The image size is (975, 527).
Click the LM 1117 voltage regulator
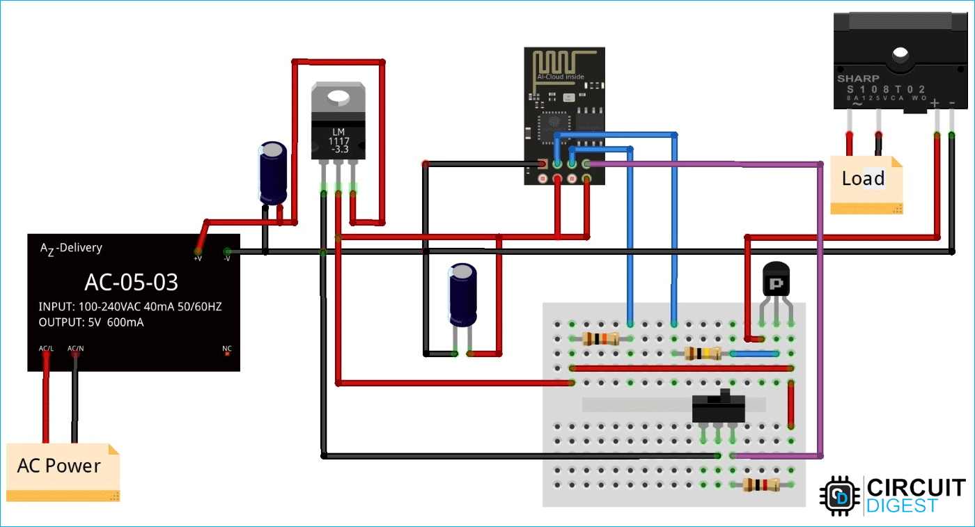click(338, 129)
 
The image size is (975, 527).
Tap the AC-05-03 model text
click(131, 282)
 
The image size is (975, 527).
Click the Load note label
click(864, 179)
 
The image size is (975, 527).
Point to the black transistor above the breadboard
click(777, 282)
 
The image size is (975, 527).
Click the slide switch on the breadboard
click(718, 407)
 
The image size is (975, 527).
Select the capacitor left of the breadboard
click(462, 296)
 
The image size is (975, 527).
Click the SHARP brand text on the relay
click(857, 79)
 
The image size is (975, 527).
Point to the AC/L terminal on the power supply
click(46, 354)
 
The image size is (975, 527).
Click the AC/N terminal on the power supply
click(75, 354)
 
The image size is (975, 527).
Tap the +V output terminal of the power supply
click(198, 251)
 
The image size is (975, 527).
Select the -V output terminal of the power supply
click(226, 251)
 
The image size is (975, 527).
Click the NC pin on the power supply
click(227, 354)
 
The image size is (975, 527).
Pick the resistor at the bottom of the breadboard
click(760, 485)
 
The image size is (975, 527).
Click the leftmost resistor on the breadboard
click(600, 339)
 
